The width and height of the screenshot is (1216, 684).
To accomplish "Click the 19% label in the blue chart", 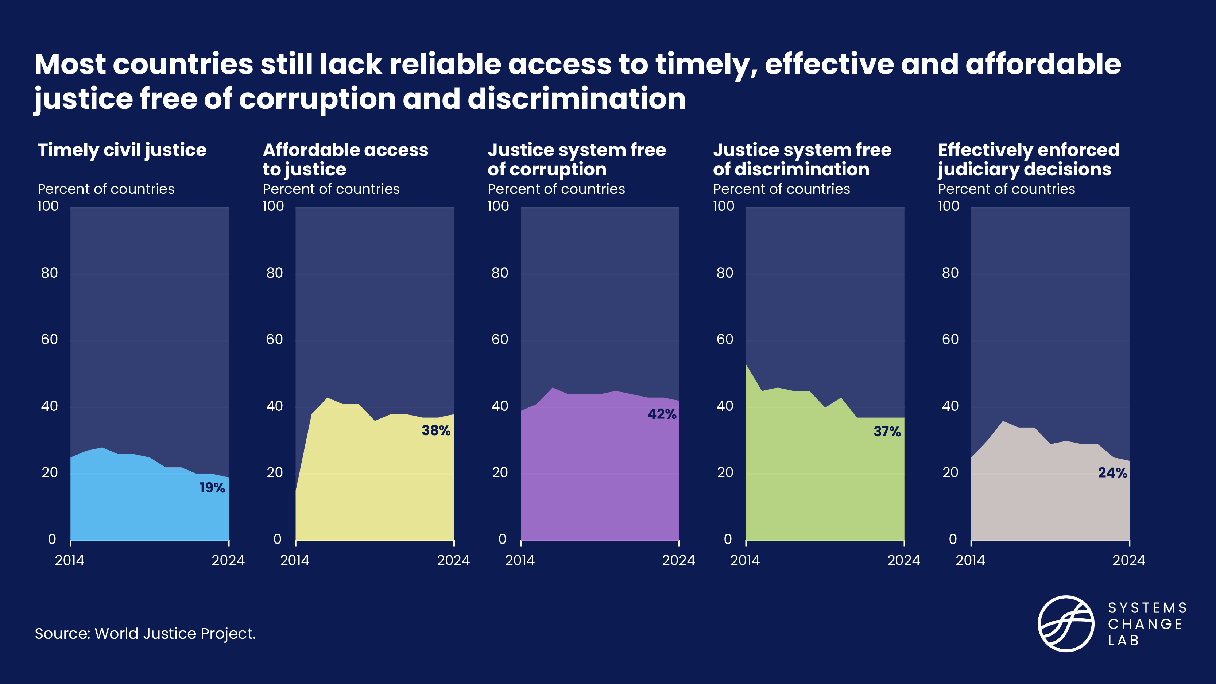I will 212,488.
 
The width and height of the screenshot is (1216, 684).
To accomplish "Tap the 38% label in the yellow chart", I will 436,430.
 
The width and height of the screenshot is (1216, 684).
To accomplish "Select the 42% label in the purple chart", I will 662,414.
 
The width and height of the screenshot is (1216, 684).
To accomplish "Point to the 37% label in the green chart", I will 887,432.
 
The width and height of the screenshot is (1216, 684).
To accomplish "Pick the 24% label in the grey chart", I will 1112,472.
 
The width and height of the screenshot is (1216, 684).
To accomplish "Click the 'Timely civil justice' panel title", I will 122,150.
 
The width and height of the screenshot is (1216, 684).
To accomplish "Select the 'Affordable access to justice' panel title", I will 345,159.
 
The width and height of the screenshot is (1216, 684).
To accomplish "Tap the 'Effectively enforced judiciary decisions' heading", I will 1028,159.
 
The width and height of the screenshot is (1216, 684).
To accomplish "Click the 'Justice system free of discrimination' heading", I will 802,159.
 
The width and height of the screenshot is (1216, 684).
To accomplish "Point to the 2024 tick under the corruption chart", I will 678,560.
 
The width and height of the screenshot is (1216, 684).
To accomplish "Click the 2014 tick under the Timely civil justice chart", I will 70,560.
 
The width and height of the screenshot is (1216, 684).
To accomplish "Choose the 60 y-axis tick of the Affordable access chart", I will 274,339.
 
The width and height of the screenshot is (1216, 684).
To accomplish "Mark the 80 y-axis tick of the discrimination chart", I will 725,273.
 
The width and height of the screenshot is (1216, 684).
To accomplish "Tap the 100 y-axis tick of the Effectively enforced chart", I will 948,206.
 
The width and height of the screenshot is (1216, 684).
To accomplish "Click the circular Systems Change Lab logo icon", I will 1065,623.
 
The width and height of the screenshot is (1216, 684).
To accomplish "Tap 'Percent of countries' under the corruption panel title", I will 556,189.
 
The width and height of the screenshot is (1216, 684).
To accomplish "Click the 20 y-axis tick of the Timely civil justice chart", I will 50,472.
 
